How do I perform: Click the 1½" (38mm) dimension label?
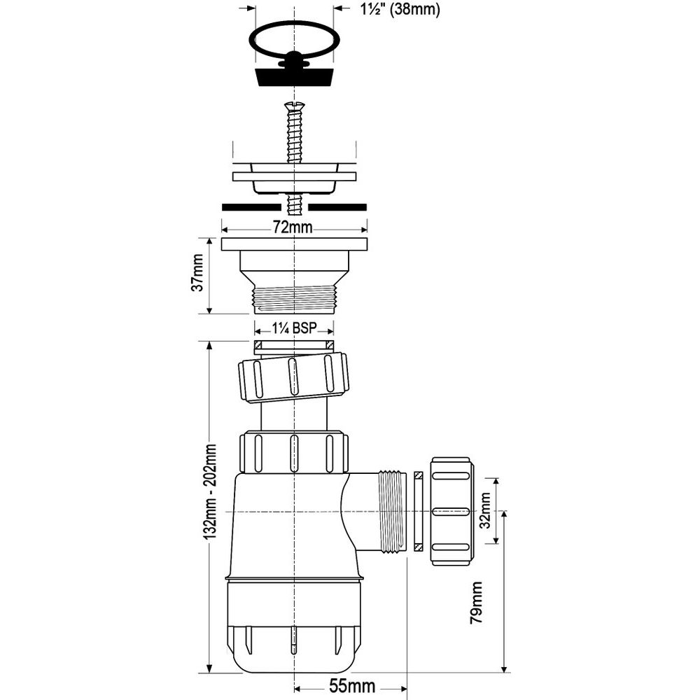tap(400, 9)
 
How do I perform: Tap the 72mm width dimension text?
tap(293, 227)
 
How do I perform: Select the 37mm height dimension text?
tap(197, 273)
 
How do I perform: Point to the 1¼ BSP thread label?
tap(294, 329)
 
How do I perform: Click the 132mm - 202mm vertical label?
tap(211, 491)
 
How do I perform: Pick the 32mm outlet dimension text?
tap(484, 510)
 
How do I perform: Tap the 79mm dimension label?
tap(476, 603)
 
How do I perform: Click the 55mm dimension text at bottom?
tap(352, 686)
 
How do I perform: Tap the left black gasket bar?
tap(251, 207)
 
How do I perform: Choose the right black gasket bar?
tap(337, 207)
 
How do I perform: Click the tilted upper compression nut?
tap(293, 378)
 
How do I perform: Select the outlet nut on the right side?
tap(451, 511)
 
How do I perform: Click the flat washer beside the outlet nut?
tap(418, 511)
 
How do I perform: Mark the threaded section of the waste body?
tap(294, 299)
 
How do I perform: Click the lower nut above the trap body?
tap(294, 451)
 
